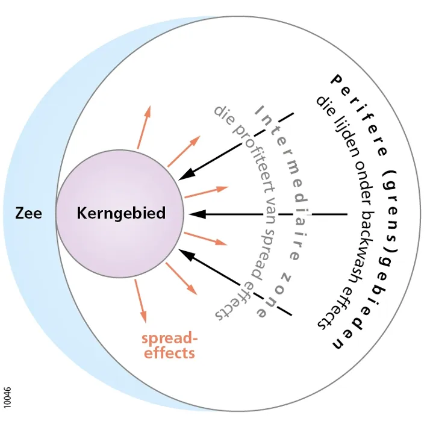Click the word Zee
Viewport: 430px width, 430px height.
point(28,213)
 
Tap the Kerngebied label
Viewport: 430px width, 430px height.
point(121,214)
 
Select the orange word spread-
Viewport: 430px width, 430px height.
point(169,339)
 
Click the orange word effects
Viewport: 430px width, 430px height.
point(169,353)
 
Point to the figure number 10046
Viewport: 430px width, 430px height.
point(7,398)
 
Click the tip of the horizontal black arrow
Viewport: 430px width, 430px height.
point(189,214)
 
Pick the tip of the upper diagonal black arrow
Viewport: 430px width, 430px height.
point(179,180)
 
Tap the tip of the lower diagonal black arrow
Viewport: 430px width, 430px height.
point(179,249)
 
